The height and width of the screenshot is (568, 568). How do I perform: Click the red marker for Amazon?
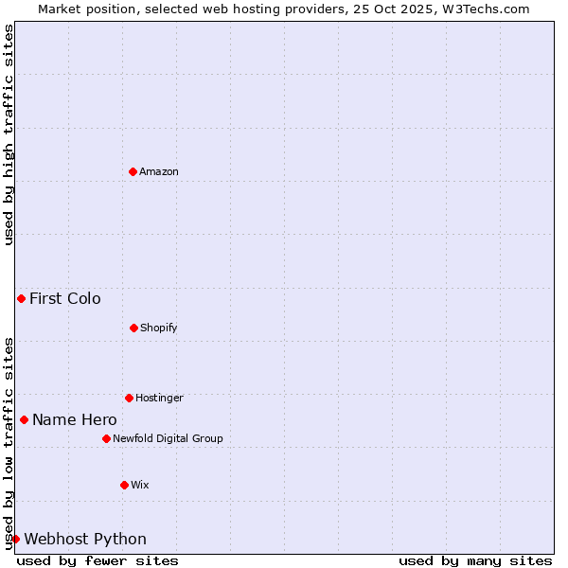pos(133,171)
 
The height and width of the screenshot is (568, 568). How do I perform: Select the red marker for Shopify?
pos(133,328)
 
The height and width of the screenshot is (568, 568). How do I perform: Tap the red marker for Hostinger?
pos(129,398)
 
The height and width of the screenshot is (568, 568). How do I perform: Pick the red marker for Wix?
pos(124,485)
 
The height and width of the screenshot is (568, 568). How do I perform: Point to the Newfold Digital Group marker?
pos(106,438)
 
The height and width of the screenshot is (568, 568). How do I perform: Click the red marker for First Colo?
pos(21,298)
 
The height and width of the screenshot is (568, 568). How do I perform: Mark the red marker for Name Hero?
pos(24,419)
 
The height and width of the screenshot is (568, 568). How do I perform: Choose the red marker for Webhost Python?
pos(15,539)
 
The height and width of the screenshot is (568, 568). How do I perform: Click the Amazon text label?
pos(159,171)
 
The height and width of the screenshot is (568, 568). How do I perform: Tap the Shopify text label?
pos(159,328)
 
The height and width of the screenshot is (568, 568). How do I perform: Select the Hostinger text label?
pos(159,398)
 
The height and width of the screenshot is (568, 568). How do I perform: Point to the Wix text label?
pos(140,485)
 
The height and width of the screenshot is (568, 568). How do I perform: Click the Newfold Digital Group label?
pos(168,438)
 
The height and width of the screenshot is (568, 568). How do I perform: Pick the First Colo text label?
pos(65,299)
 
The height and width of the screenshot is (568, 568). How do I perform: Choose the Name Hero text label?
pos(75,420)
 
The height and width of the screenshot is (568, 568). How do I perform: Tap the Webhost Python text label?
pos(85,540)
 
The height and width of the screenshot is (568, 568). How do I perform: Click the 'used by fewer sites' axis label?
pos(98,560)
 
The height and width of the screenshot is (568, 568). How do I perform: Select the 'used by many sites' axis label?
pos(475,560)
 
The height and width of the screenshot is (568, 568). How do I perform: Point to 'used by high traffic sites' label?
pos(9,134)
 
